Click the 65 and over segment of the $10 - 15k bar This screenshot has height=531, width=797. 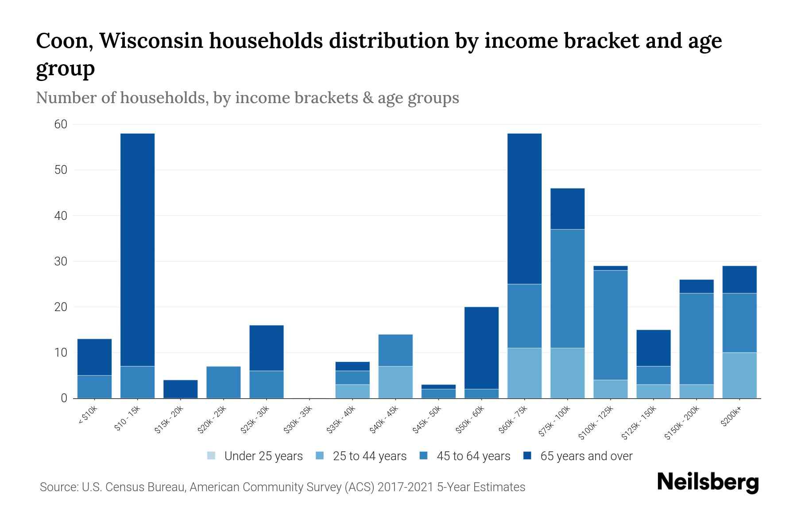tap(137, 250)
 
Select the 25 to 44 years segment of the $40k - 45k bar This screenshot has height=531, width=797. tap(395, 382)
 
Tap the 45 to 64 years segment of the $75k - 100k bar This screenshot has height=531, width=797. tap(567, 289)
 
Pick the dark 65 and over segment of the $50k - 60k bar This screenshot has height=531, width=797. tap(481, 348)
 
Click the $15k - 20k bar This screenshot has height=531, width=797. tap(180, 389)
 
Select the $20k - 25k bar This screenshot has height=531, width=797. tap(223, 382)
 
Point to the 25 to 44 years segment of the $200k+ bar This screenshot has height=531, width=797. tap(739, 375)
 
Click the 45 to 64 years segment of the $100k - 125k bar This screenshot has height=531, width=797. tap(610, 325)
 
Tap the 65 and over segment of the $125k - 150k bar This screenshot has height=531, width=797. tap(653, 348)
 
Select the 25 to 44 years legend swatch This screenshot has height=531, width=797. tap(320, 456)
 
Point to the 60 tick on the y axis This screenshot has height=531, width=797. tap(61, 124)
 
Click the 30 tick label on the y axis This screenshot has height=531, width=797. tap(61, 262)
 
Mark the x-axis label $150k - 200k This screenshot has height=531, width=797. tap(682, 422)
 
